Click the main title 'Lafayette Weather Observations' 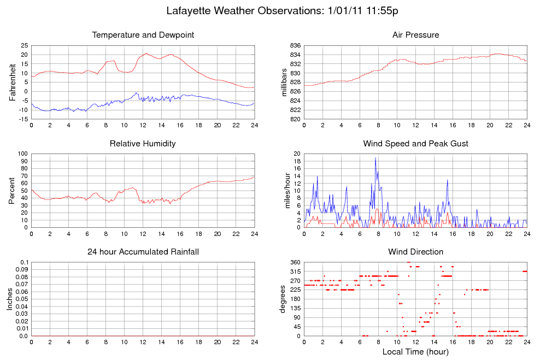[x=245, y=11]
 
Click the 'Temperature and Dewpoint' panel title [x=143, y=35]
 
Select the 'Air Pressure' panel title [x=416, y=35]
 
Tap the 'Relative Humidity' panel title [x=143, y=144]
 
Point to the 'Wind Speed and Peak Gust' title [x=416, y=144]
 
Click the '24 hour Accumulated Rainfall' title [x=143, y=252]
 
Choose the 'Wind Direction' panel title [x=416, y=252]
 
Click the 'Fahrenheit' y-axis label [x=13, y=82]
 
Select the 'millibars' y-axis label [x=284, y=82]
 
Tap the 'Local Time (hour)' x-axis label [x=415, y=352]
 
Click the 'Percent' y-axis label [x=12, y=191]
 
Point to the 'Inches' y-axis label [x=10, y=299]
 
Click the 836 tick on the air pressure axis [x=295, y=45]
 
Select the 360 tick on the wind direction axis [x=295, y=262]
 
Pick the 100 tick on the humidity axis [x=22, y=154]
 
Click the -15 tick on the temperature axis [x=24, y=119]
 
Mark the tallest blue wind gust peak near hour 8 [x=375, y=158]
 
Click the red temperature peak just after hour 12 [x=146, y=54]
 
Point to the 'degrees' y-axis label [x=283, y=299]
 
